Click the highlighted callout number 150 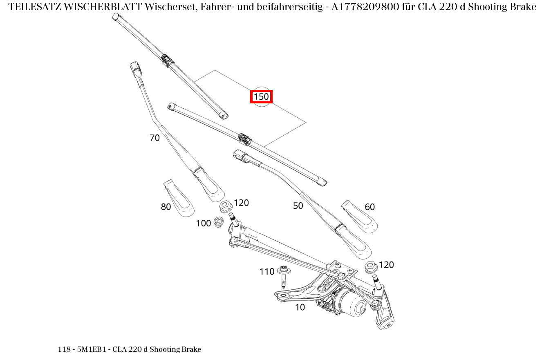click(261, 97)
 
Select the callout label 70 click(155, 138)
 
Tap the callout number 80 click(166, 207)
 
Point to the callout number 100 click(203, 224)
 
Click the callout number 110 click(267, 272)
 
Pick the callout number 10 click(300, 307)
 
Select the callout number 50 click(298, 206)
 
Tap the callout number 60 click(370, 207)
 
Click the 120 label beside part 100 click(241, 203)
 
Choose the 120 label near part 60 click(386, 265)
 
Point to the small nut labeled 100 click(218, 222)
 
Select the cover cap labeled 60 click(359, 217)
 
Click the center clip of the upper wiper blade click(167, 60)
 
